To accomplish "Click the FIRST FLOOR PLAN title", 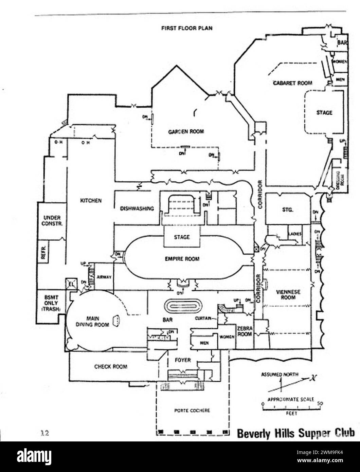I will (187, 28).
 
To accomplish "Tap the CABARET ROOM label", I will (293, 83).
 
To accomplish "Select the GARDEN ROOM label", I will (186, 131).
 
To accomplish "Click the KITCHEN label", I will (91, 201).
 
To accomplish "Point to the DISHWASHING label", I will (137, 208).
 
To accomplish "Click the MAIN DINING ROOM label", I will (93, 321).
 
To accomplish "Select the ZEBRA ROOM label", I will (245, 331).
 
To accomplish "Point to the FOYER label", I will (183, 360).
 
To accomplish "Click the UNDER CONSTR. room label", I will (52, 220).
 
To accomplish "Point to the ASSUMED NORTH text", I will (280, 375).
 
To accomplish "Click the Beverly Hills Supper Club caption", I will (295, 433).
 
